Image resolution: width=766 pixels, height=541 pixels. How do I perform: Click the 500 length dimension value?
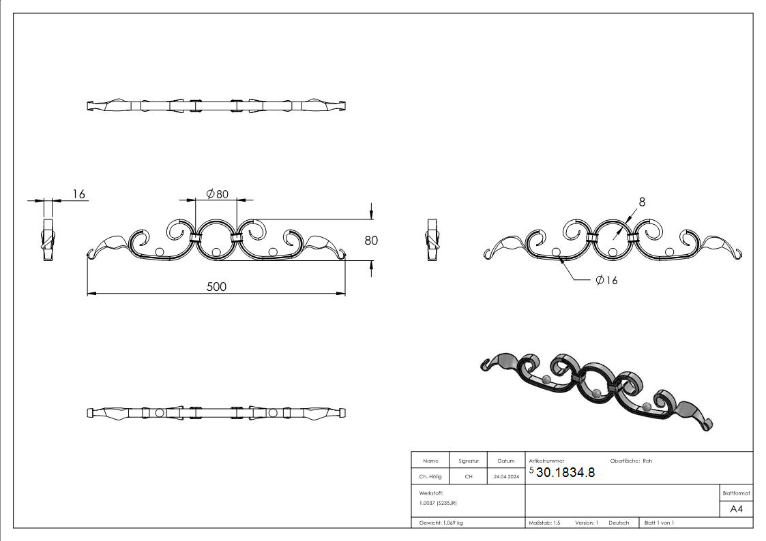tap(216, 286)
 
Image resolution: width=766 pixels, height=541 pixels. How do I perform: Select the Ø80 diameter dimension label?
tap(216, 194)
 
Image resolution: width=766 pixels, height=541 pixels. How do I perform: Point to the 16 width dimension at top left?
tap(78, 194)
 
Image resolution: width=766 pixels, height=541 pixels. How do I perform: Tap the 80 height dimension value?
tap(371, 240)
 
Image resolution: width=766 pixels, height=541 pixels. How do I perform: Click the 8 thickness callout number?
tap(642, 201)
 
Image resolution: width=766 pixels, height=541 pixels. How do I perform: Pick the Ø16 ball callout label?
tap(606, 280)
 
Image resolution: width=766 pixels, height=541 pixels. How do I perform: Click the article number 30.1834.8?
tap(565, 472)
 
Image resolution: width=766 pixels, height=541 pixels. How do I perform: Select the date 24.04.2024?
tap(506, 477)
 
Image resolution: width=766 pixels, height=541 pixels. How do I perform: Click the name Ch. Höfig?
tap(430, 477)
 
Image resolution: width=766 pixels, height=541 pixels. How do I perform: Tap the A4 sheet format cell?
tap(736, 509)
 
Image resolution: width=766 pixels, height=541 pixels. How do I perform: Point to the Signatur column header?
tap(469, 461)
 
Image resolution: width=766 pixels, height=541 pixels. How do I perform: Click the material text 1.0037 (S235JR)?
tap(438, 503)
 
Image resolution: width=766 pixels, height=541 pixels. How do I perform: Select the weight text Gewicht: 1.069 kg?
tap(441, 523)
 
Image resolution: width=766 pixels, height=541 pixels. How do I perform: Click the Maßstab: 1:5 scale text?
tap(544, 523)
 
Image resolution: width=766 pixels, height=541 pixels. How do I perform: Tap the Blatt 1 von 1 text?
tap(659, 523)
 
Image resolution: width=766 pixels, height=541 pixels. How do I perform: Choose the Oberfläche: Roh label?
tap(631, 461)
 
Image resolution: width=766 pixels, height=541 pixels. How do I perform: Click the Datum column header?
tap(506, 461)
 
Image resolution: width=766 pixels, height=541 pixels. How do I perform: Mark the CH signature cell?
tap(469, 477)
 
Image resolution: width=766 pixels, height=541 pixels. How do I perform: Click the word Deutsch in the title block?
tap(619, 523)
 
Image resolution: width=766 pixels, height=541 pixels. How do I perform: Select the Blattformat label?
tap(736, 493)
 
